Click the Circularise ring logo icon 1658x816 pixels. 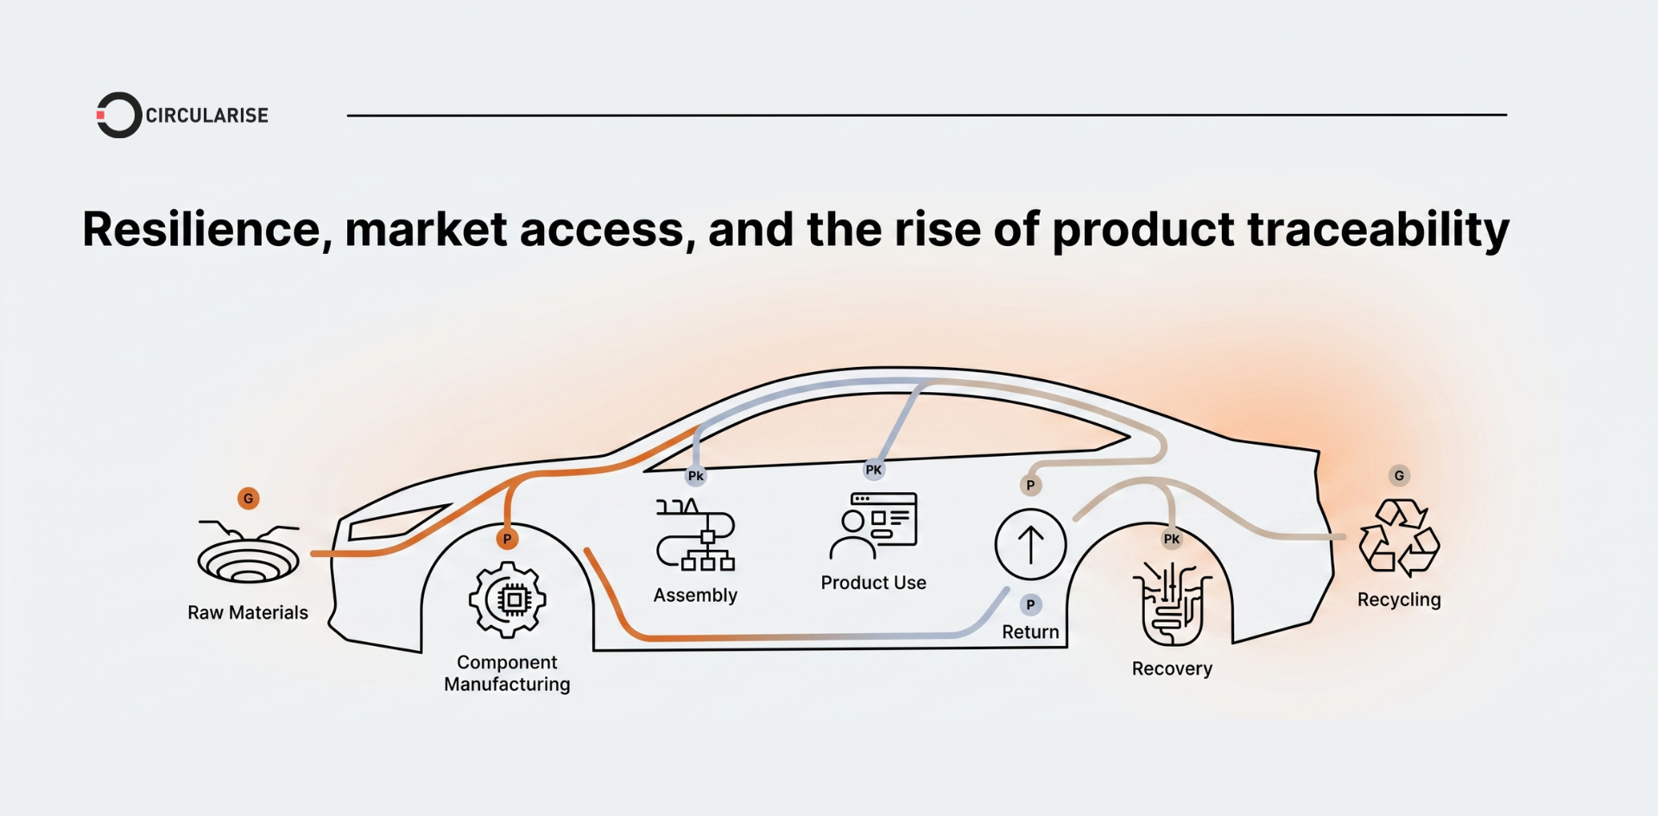pos(118,115)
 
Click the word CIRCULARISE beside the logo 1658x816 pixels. pos(207,116)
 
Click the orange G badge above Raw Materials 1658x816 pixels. pos(249,498)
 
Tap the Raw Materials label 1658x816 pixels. pos(248,612)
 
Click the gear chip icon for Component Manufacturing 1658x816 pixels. pos(508,599)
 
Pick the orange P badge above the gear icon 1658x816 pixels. pos(508,539)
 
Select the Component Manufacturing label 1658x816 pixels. pos(507,674)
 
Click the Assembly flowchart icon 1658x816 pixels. pos(696,535)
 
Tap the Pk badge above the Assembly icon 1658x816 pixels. pos(696,476)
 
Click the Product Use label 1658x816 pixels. pos(873,583)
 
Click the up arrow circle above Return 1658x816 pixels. pos(1030,545)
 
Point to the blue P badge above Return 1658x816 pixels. pos(1030,604)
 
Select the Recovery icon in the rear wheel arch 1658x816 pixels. pos(1172,604)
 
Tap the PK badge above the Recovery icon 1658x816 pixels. pos(1172,539)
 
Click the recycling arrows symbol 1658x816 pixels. pos(1399,538)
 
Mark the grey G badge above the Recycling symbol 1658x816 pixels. pos(1399,476)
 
